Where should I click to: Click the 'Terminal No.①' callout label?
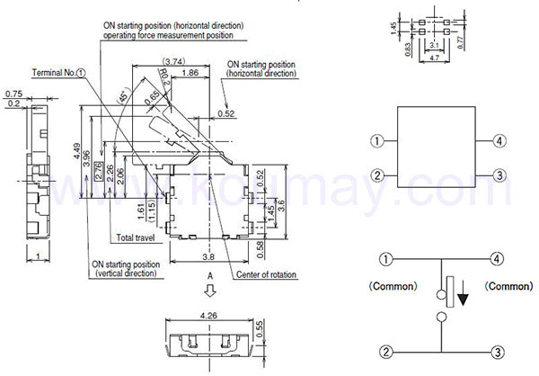(57, 71)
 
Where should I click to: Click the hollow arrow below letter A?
(210, 290)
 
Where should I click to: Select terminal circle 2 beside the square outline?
(378, 175)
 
